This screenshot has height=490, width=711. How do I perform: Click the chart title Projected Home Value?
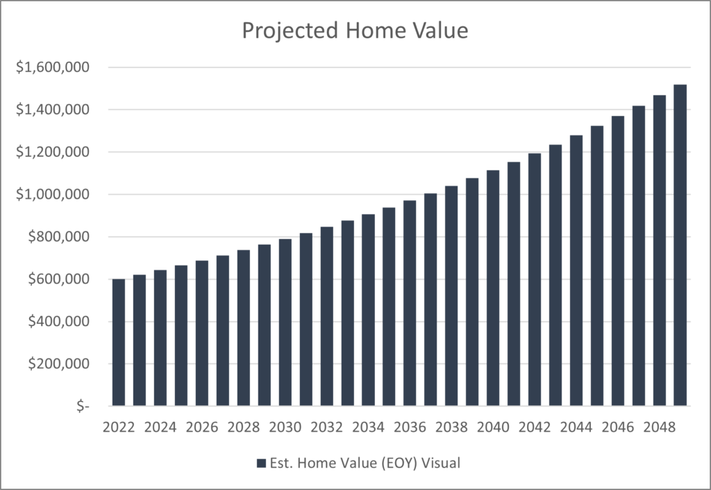point(355,31)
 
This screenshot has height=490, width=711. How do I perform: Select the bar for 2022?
point(119,342)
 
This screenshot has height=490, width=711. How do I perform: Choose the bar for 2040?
point(493,288)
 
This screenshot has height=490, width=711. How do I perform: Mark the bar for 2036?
point(410,303)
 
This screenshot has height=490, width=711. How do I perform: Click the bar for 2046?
point(617,261)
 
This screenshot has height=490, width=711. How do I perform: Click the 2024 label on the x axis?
point(160,426)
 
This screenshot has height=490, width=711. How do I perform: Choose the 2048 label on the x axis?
point(659,426)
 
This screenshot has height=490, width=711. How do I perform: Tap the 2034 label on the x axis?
point(368,426)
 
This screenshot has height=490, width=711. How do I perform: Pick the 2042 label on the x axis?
point(534,426)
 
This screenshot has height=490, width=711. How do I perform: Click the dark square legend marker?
point(261,463)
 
